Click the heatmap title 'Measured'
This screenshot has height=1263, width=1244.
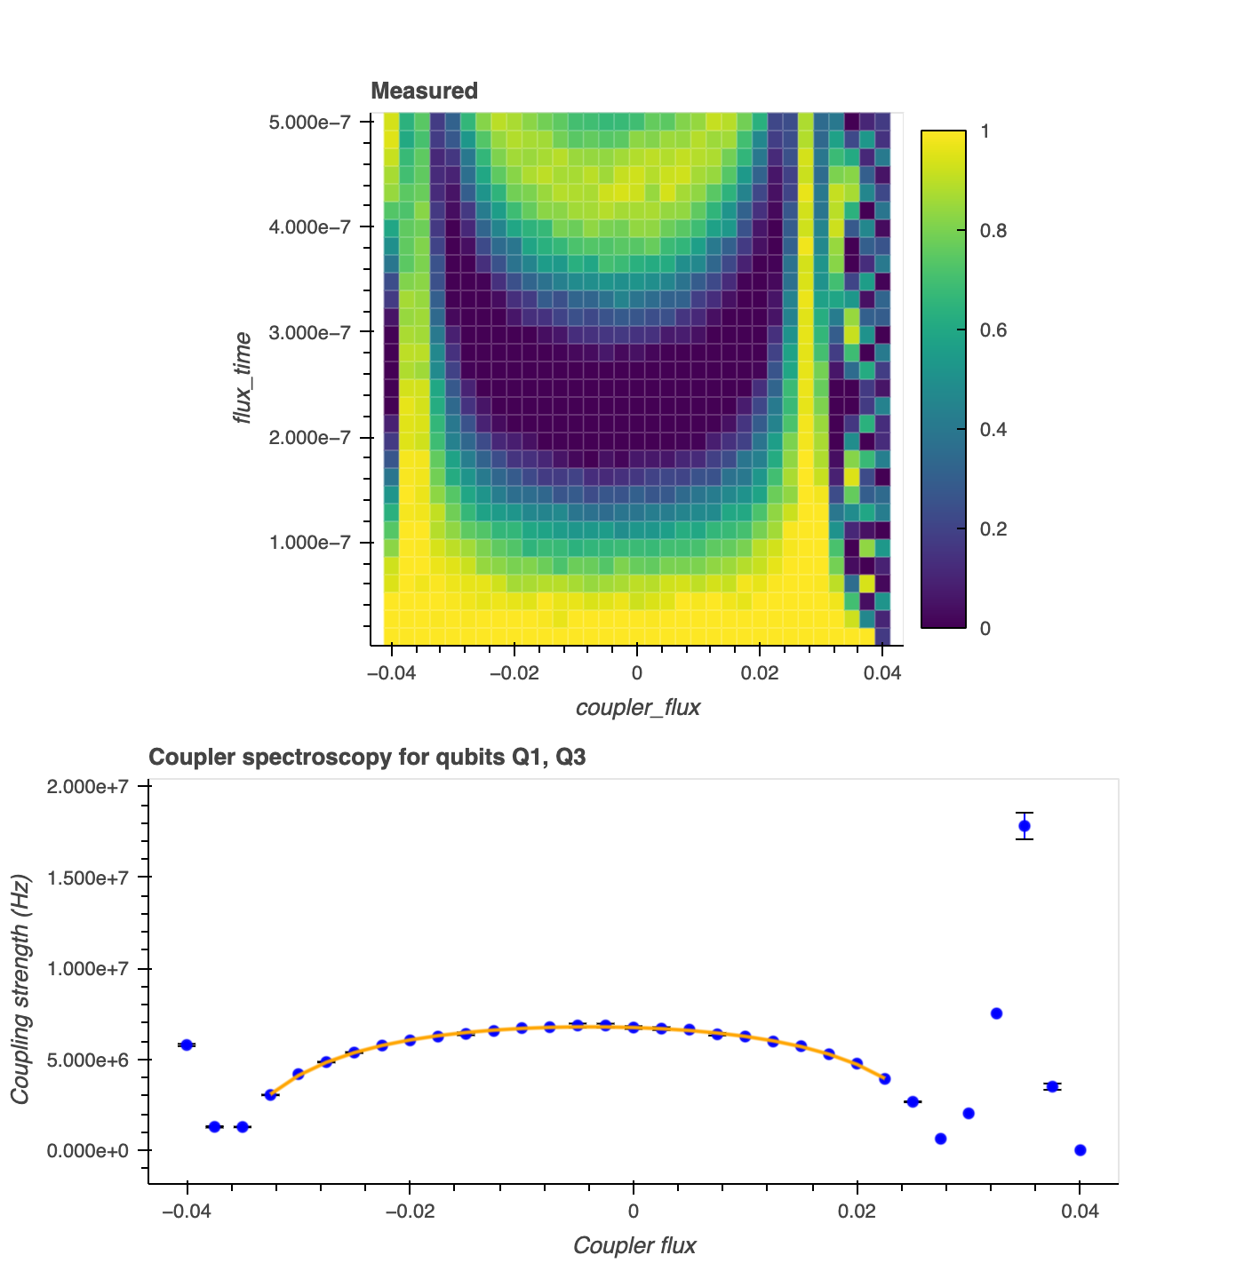424,91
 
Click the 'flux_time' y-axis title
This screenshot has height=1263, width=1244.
242,377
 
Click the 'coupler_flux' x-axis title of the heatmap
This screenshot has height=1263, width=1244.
638,707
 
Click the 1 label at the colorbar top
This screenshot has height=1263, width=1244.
985,131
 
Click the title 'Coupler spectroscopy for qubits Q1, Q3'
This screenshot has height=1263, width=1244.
367,758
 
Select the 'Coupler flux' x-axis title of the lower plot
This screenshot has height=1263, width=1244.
634,1245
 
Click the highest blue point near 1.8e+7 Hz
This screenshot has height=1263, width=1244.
1025,826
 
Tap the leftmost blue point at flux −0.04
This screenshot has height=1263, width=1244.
187,1045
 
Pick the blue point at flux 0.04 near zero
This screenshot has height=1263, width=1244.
1080,1149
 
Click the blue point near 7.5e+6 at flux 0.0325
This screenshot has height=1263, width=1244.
996,1013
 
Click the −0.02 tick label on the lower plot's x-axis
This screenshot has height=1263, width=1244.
410,1211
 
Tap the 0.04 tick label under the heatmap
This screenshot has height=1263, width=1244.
882,673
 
